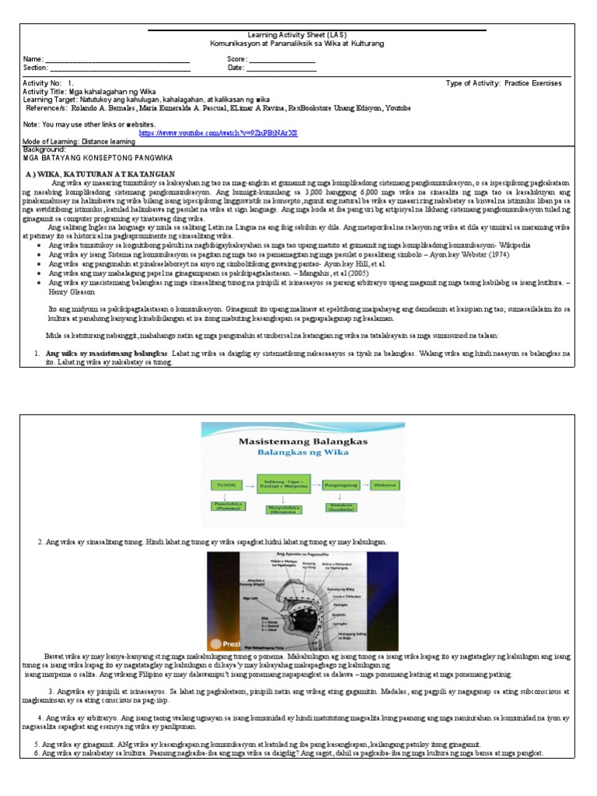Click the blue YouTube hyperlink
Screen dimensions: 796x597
click(218, 133)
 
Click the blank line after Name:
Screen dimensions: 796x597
click(117, 61)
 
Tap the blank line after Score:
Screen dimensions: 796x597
click(281, 61)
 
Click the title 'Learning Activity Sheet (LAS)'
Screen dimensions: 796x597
click(292, 36)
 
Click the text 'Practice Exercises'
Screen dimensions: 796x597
click(536, 82)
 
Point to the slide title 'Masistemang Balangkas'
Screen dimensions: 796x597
click(302, 440)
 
